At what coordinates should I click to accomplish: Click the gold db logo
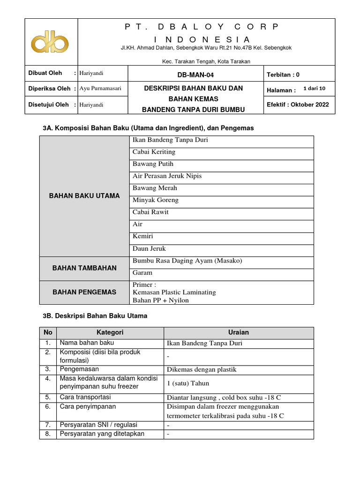[50, 41]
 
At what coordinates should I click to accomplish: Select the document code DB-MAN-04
[196, 75]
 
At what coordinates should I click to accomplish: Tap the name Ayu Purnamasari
[100, 89]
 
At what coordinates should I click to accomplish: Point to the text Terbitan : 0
[283, 75]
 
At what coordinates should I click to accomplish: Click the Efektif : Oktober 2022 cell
[298, 105]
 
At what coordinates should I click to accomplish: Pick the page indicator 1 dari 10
[317, 88]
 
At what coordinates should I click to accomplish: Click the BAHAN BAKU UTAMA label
[84, 195]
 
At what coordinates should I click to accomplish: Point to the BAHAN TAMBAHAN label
[84, 268]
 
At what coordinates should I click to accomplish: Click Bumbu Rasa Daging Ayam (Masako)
[187, 261]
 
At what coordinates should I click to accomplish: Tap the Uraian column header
[238, 332]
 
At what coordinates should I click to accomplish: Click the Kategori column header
[110, 332]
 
